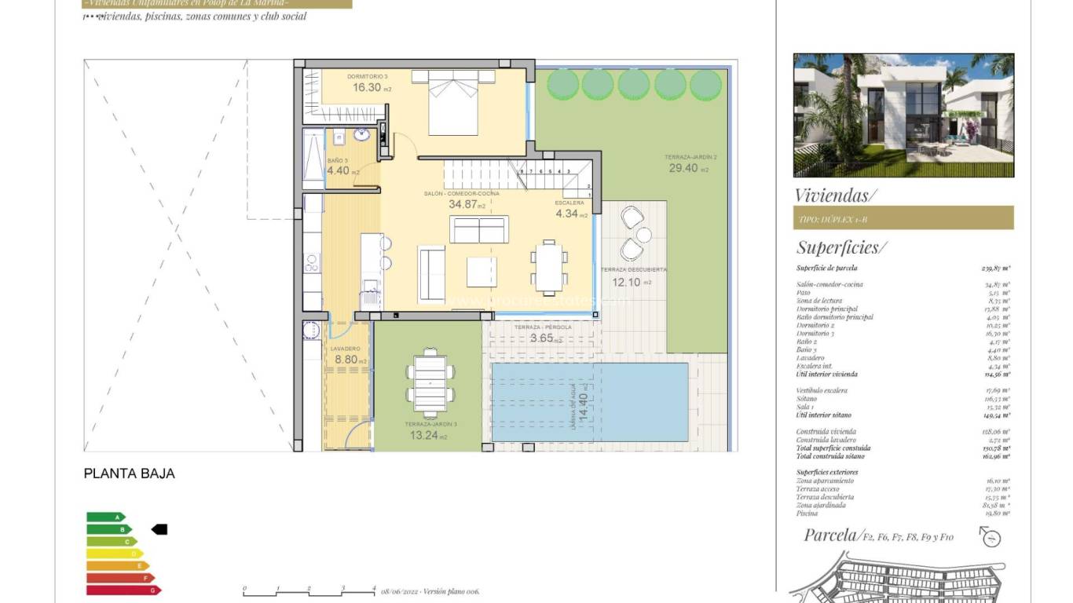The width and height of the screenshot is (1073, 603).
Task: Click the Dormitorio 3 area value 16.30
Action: [x=367, y=88]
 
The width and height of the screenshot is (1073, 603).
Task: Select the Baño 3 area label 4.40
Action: [x=339, y=170]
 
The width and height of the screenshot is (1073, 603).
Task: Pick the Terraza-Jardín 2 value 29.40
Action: [x=683, y=168]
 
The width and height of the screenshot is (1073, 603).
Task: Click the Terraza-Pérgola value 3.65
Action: [x=542, y=338]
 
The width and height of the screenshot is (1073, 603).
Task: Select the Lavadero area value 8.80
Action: [x=346, y=360]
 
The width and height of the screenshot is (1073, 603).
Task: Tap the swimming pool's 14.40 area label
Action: [x=582, y=404]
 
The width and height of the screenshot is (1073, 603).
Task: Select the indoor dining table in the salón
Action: [x=547, y=268]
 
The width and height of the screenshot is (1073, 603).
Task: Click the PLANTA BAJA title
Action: [x=129, y=474]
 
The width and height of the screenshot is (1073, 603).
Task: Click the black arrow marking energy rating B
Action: [x=159, y=529]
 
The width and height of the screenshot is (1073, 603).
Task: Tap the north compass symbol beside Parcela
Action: [x=991, y=537]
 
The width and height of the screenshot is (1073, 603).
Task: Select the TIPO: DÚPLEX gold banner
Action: [x=903, y=217]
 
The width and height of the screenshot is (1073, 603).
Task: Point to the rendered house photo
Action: [x=903, y=115]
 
